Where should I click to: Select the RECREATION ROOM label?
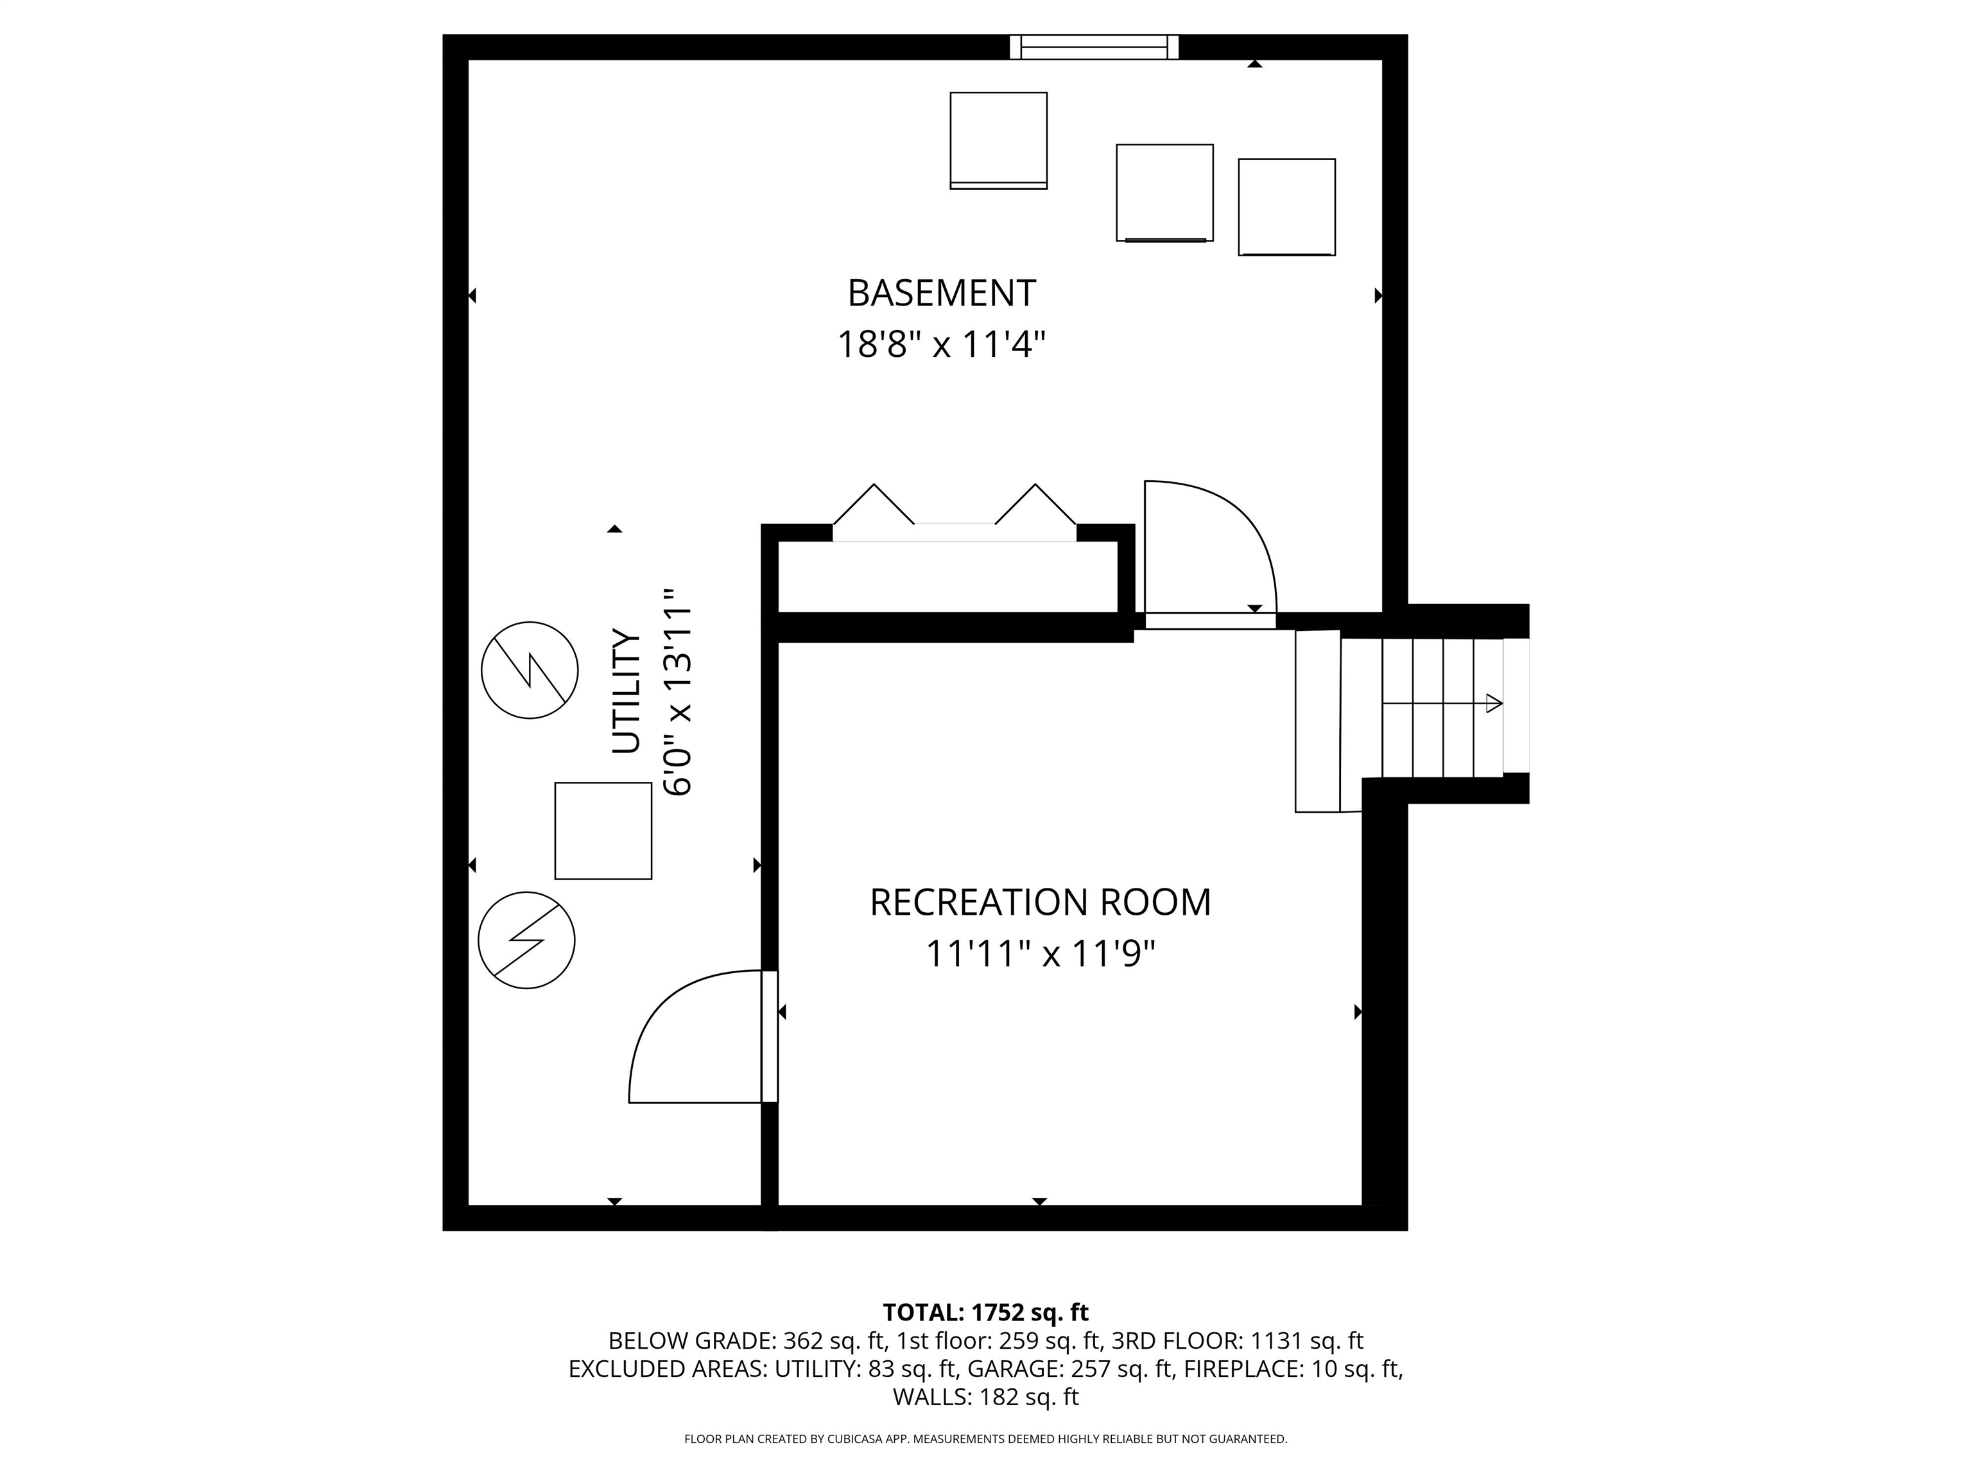coord(1039,902)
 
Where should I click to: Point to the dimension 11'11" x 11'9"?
coord(1039,954)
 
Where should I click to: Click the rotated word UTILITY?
coord(627,692)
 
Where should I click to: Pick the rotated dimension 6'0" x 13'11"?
coord(677,692)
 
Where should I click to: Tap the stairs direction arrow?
coord(1442,704)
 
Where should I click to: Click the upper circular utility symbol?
coord(530,670)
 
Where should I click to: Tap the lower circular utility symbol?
coord(527,940)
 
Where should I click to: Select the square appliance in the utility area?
coord(603,831)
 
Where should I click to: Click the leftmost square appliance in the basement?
coord(998,141)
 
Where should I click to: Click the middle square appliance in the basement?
coord(1164,193)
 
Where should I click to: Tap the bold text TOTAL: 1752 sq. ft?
coord(985,1312)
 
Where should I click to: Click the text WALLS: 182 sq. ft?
coord(985,1397)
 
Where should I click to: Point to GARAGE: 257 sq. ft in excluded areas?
coord(1071,1369)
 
